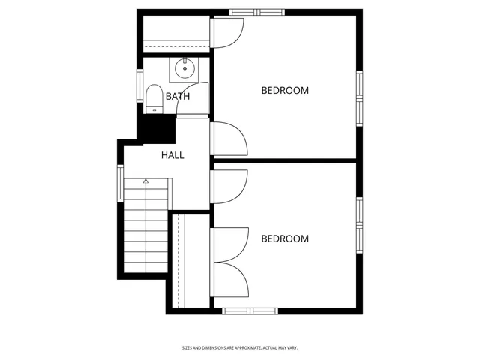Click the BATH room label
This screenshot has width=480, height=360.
coord(178,96)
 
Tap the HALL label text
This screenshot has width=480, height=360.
coord(172,155)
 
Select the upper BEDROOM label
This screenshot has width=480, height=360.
coord(285,90)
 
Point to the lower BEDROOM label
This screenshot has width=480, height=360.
coord(285,238)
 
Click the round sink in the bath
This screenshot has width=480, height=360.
coord(184,69)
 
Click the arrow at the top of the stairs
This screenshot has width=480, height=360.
coord(146,181)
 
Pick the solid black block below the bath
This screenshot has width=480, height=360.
coord(156,127)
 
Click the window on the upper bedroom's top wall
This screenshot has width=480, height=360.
coord(256,12)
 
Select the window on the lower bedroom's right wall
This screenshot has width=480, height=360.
coord(360,224)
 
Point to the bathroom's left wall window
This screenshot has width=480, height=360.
coord(139,85)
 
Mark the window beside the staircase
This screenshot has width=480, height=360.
coord(120,183)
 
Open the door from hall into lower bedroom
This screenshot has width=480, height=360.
coord(229,187)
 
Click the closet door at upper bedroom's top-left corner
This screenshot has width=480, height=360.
coord(229,32)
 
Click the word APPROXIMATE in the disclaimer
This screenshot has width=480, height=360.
coord(240,347)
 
